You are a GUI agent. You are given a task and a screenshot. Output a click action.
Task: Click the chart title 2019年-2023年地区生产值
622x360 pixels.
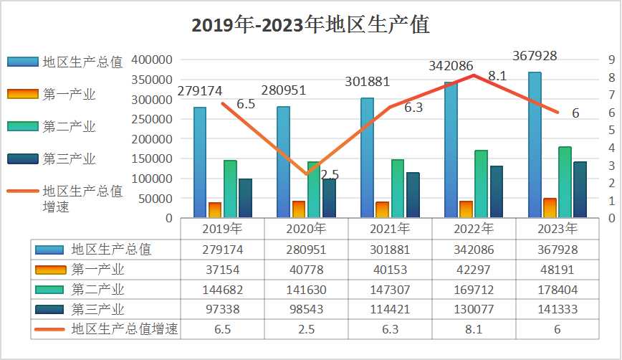310,25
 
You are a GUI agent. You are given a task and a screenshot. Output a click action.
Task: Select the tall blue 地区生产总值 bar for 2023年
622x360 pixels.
534,143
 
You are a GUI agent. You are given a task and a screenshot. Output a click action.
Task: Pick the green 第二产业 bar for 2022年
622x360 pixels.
481,184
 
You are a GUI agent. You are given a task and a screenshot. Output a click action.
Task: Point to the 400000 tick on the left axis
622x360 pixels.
152,60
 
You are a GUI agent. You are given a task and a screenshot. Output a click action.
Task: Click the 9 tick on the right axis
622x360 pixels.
611,60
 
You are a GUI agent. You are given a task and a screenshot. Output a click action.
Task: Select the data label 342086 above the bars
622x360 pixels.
451,66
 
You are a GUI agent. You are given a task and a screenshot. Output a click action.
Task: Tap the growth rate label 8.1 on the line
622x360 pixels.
497,75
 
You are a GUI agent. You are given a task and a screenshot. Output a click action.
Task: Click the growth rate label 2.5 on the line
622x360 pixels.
330,174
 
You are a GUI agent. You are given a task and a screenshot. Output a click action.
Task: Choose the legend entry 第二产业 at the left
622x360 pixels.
69,126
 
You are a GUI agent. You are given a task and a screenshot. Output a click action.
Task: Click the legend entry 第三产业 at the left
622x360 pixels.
69,158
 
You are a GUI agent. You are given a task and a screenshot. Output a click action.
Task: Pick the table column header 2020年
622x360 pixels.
306,229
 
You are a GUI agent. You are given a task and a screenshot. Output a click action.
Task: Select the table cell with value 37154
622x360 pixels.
222,270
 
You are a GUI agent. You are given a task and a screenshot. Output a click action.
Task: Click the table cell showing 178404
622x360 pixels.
557,290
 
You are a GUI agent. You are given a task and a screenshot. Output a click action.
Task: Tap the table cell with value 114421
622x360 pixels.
390,310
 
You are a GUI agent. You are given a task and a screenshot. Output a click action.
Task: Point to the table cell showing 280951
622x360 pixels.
306,250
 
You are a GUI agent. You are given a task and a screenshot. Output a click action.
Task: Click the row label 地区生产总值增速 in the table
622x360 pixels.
125,329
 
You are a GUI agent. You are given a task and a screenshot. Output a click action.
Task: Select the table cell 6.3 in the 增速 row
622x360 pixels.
390,330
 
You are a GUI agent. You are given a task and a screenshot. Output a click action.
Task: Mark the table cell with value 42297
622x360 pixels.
474,270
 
